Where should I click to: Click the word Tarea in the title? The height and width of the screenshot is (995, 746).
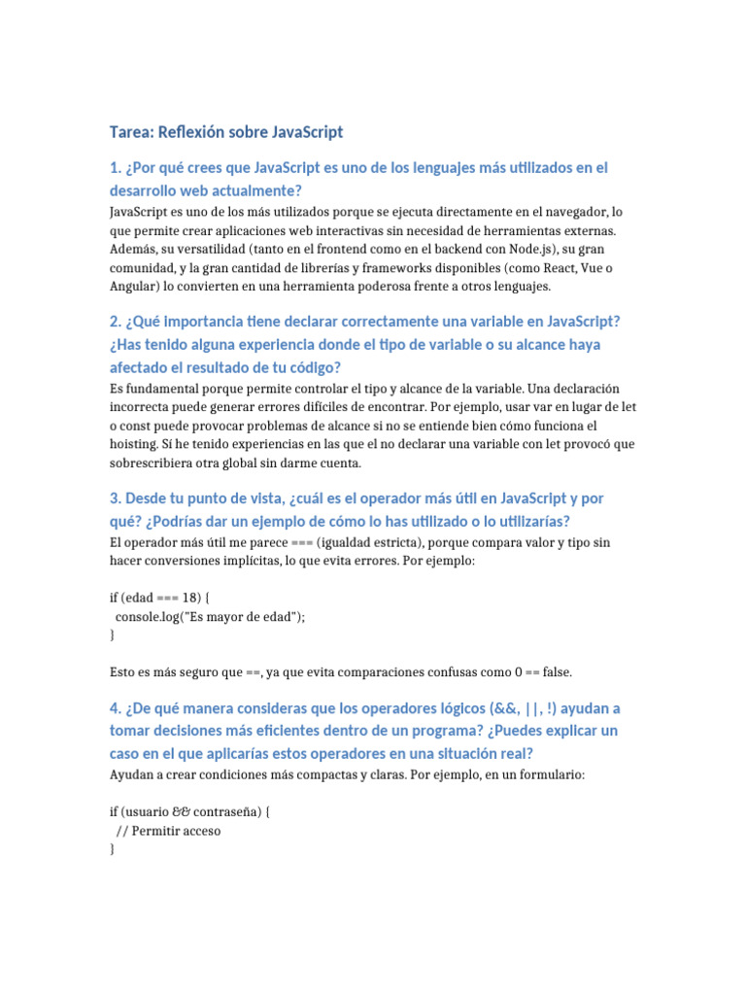(129, 132)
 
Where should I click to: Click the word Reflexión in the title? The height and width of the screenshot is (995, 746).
(190, 132)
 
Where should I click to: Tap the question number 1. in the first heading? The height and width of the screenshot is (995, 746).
(115, 168)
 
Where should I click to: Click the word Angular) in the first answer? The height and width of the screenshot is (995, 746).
(136, 287)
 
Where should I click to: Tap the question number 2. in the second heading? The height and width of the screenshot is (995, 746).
(115, 322)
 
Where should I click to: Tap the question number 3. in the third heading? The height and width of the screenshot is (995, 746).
(115, 498)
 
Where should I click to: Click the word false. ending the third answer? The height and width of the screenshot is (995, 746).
(555, 671)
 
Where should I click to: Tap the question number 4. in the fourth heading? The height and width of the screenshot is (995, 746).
(115, 708)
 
